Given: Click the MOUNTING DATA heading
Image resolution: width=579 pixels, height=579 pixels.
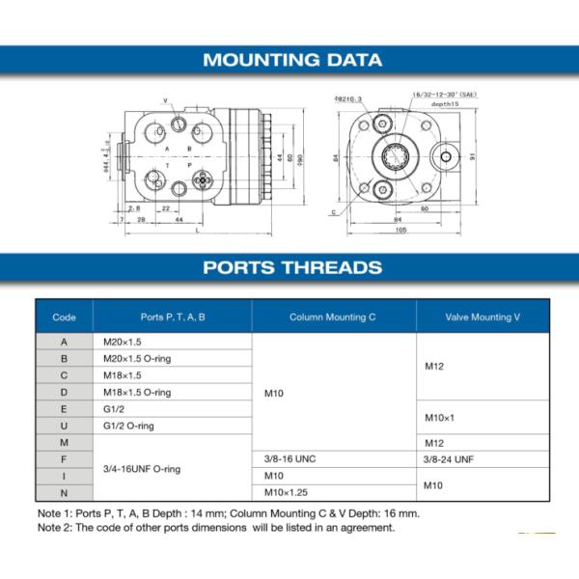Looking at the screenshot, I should pyautogui.click(x=291, y=60).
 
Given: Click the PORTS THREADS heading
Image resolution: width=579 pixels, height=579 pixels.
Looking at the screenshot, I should pyautogui.click(x=292, y=267).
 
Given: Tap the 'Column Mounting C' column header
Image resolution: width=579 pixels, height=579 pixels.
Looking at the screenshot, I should pyautogui.click(x=333, y=317).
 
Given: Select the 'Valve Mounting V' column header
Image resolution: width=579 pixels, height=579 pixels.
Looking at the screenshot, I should pyautogui.click(x=483, y=317).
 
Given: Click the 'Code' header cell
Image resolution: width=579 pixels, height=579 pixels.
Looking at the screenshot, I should pyautogui.click(x=64, y=317).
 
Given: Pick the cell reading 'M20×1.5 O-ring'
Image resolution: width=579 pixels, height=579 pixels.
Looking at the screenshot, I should pyautogui.click(x=136, y=358).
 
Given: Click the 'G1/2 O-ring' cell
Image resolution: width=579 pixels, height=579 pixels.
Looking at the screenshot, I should pyautogui.click(x=128, y=426).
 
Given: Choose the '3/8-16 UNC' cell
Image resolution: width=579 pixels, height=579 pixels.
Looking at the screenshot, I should pyautogui.click(x=289, y=458).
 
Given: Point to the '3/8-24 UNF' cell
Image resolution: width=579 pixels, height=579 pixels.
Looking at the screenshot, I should pyautogui.click(x=450, y=458).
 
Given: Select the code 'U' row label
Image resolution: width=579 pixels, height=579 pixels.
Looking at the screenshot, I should pyautogui.click(x=64, y=426).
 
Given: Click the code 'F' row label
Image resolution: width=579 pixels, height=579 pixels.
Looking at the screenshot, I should pyautogui.click(x=64, y=458).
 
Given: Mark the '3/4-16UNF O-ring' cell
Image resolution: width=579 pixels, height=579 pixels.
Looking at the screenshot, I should pyautogui.click(x=142, y=468).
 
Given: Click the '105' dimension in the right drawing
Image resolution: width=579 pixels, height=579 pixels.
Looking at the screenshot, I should pyautogui.click(x=400, y=231).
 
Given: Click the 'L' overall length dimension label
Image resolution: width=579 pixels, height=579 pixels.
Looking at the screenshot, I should pyautogui.click(x=197, y=232).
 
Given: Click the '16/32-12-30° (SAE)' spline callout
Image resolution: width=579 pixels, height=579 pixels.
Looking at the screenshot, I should pyautogui.click(x=442, y=95).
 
